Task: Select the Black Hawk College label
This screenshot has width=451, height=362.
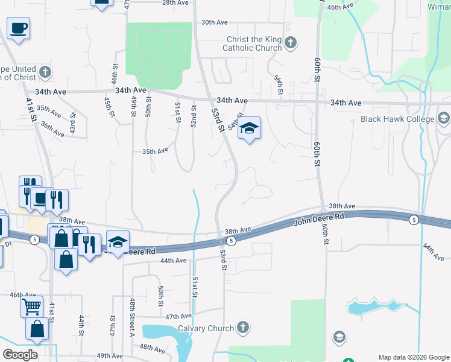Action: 397,119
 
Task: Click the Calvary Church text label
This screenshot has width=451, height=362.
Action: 206,328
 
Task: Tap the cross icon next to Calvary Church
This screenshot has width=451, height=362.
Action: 242,328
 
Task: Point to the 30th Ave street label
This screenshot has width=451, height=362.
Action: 214,22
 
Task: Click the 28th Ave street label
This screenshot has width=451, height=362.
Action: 175,2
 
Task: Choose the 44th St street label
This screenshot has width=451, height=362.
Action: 81,325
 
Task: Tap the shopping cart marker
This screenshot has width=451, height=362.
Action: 31,305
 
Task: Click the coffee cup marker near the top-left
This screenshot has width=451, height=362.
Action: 19,27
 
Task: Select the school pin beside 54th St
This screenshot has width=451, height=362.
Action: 249,129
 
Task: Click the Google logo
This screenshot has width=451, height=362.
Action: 20,355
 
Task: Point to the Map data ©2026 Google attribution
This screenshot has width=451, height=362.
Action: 413,357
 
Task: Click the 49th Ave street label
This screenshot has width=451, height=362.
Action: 110,356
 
